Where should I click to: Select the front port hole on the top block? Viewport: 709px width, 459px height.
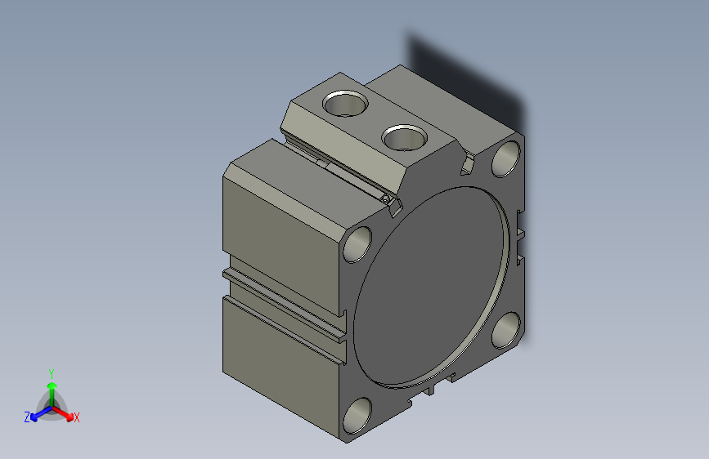click(403, 136)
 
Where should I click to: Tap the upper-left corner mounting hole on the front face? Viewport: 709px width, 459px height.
click(357, 243)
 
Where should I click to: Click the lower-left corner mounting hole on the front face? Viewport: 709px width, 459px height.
click(357, 415)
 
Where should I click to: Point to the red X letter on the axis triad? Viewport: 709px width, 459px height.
click(77, 418)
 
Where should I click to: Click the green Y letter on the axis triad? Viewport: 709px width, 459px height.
click(51, 372)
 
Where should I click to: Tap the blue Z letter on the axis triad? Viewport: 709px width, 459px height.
click(27, 417)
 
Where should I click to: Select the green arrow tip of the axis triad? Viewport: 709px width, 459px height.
click(52, 385)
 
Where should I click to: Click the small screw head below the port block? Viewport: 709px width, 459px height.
click(385, 198)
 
